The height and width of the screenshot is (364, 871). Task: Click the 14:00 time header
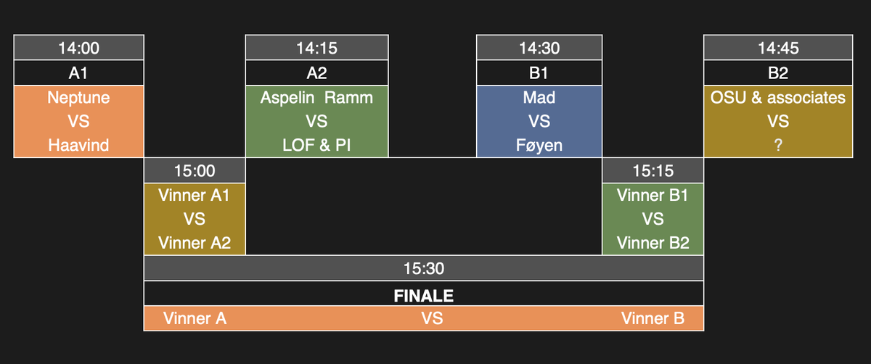[x=78, y=49]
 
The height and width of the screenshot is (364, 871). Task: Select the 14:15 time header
[x=316, y=49]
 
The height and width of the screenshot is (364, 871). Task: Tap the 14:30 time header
[x=539, y=49]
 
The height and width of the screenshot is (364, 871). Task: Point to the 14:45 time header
[x=777, y=49]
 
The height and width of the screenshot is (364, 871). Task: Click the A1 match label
[x=78, y=73]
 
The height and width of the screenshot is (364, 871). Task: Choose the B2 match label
[x=777, y=73]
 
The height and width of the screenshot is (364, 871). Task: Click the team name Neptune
[x=78, y=97]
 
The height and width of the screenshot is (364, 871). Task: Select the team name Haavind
[x=78, y=145]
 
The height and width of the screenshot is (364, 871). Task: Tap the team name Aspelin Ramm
[x=316, y=97]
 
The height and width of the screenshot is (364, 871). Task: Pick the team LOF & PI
[x=316, y=145]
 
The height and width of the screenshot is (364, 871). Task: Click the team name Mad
[x=539, y=97]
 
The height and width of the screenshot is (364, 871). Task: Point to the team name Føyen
[x=539, y=145]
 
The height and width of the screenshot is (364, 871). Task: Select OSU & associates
[x=777, y=97]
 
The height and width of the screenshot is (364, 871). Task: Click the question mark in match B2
[x=777, y=145]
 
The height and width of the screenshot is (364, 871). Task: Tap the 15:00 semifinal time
[x=195, y=172]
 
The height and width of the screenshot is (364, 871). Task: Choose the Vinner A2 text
[x=195, y=243]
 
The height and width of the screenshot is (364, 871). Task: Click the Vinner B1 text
[x=653, y=195]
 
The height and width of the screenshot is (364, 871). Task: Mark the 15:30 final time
[x=423, y=268]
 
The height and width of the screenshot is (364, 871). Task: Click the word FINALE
[x=423, y=294]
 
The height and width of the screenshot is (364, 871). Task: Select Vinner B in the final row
[x=653, y=318]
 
